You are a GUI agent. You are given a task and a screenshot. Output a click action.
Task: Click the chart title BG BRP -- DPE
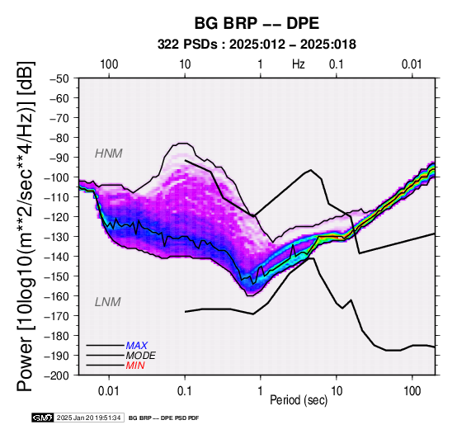click(x=257, y=23)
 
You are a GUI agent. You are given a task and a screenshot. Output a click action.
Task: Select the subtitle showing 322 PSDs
click(x=257, y=45)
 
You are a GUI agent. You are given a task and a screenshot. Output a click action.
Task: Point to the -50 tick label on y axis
click(x=59, y=78)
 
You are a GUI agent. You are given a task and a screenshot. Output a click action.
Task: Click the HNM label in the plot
click(x=108, y=153)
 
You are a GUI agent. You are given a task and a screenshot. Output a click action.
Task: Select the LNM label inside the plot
click(x=107, y=302)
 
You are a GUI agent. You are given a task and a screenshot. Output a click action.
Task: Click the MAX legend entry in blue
click(x=136, y=346)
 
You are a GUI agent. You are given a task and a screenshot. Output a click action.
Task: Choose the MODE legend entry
click(x=140, y=356)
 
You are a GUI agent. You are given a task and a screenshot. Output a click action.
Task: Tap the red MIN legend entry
click(x=135, y=366)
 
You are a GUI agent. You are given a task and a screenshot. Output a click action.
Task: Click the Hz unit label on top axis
click(x=299, y=64)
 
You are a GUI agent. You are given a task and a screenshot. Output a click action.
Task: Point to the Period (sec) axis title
click(x=299, y=400)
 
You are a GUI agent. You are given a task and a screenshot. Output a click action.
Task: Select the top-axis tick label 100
click(x=109, y=64)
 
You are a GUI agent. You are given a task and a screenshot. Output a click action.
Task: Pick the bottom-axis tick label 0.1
click(x=185, y=391)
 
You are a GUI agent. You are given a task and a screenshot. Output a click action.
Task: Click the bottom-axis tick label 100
click(x=412, y=391)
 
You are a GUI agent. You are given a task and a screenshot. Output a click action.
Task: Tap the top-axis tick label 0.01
click(x=412, y=64)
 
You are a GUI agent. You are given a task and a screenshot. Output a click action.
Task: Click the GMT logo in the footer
click(x=43, y=418)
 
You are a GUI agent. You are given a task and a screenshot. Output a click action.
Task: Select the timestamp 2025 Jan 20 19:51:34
click(x=88, y=418)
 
